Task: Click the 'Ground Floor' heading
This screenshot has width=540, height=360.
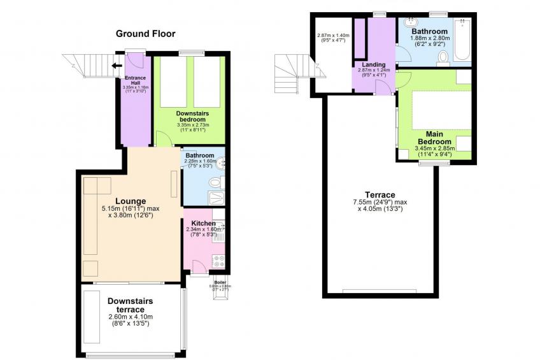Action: [x=145, y=34]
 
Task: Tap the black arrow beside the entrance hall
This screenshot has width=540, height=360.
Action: [x=117, y=64]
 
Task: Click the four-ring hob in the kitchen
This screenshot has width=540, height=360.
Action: [x=219, y=261]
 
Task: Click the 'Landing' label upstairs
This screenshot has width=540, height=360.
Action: [x=374, y=64]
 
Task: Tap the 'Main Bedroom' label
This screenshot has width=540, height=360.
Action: [x=434, y=137]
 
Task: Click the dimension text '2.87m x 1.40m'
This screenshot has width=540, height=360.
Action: [x=334, y=35]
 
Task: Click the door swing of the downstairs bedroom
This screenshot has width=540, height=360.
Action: [x=162, y=138]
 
